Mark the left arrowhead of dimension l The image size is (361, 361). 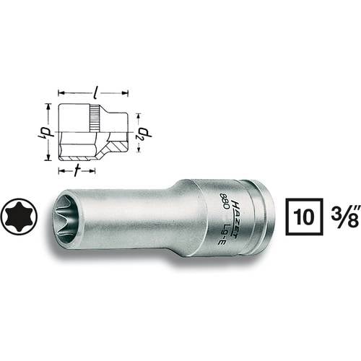60,93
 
